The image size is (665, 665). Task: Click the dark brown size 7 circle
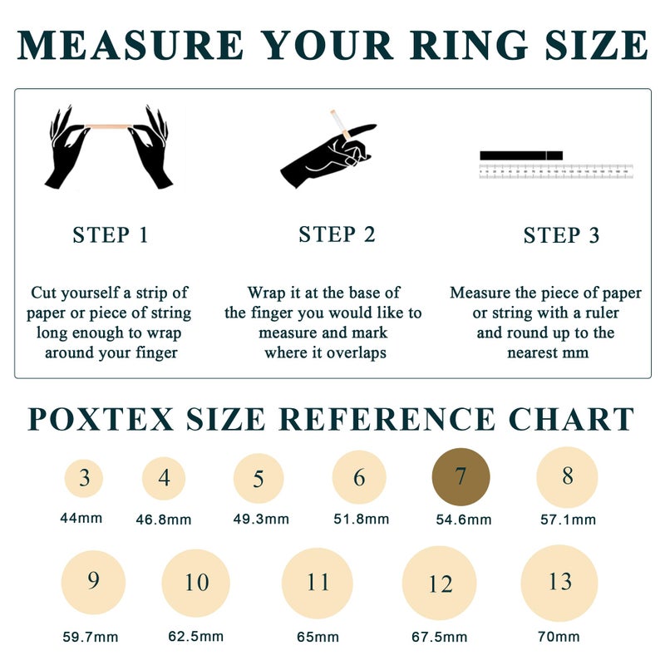pos(461,477)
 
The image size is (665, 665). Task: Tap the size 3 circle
pos(85,478)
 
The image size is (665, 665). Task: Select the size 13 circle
pos(559,583)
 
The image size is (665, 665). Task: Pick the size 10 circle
pos(195,583)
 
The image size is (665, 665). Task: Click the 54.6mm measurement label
pos(463,520)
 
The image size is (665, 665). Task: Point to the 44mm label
pos(81,517)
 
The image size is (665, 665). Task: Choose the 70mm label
pos(558,637)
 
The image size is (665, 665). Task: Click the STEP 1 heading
pos(111,235)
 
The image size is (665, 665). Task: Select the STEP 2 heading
pos(337,235)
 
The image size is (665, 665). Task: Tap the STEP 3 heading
pos(561,236)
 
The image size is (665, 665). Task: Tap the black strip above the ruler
pos(521,155)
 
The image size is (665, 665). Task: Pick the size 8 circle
pos(567,477)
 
